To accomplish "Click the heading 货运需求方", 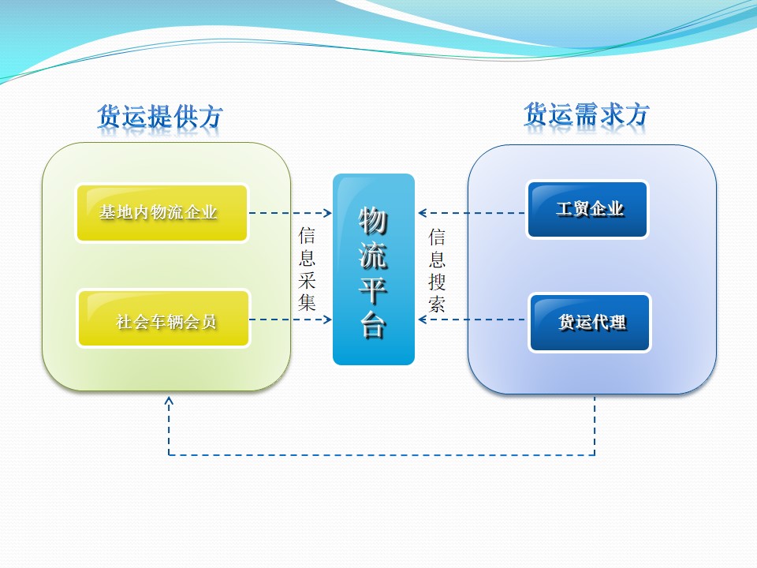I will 587,115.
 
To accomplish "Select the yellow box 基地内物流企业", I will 162,213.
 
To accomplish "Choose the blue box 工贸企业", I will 587,210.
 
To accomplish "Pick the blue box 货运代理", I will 590,323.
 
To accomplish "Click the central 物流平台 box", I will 373,269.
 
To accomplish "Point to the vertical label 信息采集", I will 308,269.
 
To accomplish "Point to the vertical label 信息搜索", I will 437,270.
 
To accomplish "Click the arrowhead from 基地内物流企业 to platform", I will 327,213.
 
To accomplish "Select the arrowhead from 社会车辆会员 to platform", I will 327,319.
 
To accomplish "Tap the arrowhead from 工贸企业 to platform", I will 423,213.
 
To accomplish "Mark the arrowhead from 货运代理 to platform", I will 423,319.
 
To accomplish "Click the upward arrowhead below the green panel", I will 169,401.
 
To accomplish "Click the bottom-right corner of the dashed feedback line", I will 595,454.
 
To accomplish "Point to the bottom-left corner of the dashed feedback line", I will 169,454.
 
